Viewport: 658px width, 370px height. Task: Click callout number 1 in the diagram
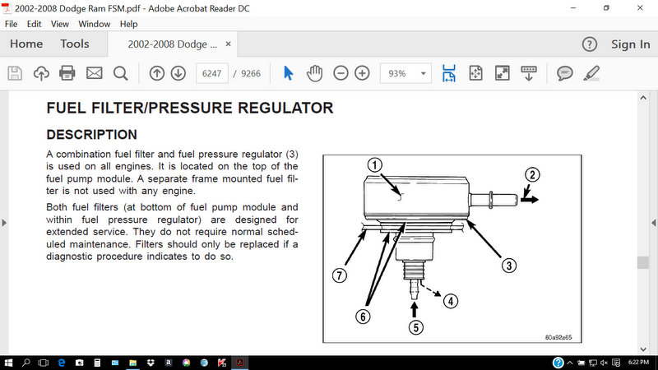coord(375,165)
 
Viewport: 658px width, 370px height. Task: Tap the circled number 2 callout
coord(532,174)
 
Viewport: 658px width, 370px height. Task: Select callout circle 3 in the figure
coord(509,265)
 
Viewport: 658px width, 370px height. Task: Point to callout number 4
coord(450,301)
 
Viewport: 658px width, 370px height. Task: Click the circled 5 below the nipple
coord(416,327)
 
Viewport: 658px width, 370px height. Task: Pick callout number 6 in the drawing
coord(363,317)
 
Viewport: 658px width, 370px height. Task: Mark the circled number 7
coord(339,275)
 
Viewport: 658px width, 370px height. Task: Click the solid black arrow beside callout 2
coord(530,200)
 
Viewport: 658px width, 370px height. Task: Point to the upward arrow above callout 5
coord(415,310)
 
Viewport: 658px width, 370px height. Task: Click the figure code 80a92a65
coord(558,337)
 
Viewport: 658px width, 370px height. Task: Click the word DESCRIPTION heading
coord(91,135)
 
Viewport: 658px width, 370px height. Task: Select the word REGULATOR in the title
coord(285,108)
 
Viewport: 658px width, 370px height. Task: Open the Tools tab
coord(75,44)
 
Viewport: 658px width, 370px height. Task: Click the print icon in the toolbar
coord(67,73)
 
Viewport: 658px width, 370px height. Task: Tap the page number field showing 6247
coord(211,73)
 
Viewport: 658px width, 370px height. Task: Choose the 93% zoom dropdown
coord(405,73)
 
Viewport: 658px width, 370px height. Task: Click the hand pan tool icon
coord(314,73)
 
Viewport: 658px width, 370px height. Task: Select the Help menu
coord(128,24)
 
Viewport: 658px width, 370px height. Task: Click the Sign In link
coord(630,44)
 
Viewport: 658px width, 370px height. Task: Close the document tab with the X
coord(229,44)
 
